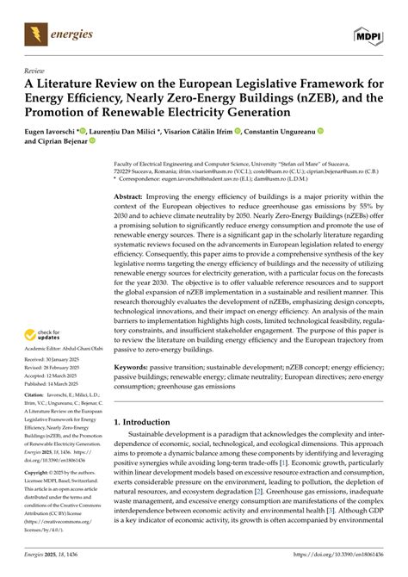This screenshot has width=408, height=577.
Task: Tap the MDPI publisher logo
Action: pyautogui.click(x=370, y=35)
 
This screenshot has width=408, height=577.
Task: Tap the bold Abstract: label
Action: pyautogui.click(x=130, y=196)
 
